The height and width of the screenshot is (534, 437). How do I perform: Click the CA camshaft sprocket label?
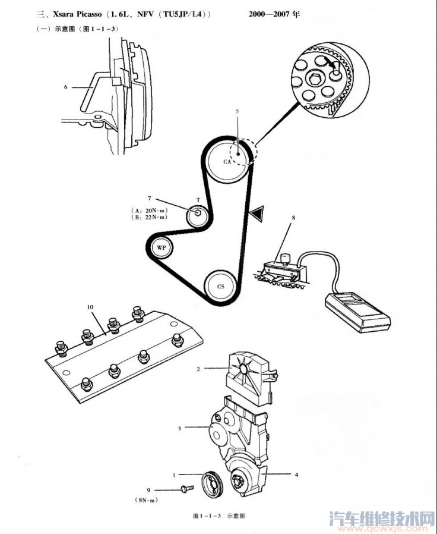tap(227, 162)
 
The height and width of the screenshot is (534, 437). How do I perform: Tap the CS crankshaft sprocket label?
tap(221, 287)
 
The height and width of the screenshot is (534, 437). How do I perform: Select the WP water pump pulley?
tap(161, 247)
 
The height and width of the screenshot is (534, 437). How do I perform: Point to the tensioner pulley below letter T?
tap(198, 216)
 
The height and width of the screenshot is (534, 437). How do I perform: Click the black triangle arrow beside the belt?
tap(257, 213)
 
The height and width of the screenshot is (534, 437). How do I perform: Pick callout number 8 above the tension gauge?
tap(293, 217)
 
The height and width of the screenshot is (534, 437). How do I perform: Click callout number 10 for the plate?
tap(90, 307)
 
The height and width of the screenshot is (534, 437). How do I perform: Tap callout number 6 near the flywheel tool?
tap(66, 87)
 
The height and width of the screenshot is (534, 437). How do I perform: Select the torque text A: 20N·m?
tap(149, 211)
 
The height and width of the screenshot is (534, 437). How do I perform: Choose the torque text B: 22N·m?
tap(149, 217)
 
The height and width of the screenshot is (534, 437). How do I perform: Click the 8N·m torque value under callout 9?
tap(148, 500)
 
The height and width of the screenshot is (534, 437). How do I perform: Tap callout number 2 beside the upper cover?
tap(198, 369)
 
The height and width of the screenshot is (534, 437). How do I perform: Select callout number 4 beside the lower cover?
tap(296, 475)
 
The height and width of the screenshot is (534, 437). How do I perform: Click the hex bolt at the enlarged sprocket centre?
tap(314, 79)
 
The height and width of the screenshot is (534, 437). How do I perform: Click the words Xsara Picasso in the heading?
tap(77, 14)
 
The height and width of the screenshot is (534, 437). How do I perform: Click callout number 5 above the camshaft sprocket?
tap(237, 111)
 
